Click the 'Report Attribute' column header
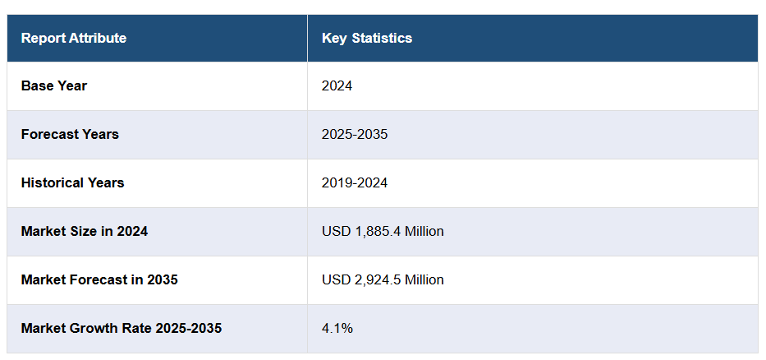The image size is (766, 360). (74, 38)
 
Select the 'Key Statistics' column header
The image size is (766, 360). (367, 38)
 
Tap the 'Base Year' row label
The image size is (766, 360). (54, 85)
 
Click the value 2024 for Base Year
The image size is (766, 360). (337, 85)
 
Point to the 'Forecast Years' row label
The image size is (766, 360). (70, 134)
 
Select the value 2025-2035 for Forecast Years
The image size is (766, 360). (355, 134)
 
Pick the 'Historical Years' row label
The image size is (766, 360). (72, 182)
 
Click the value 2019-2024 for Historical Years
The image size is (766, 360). (355, 182)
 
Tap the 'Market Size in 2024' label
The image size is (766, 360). (85, 231)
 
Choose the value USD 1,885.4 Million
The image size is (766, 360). (383, 231)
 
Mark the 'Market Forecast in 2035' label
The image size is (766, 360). (99, 279)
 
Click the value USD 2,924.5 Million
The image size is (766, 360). (383, 279)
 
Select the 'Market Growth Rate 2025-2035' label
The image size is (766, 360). (122, 328)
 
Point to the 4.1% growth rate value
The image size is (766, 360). (337, 328)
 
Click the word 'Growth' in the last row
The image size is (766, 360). (90, 328)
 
